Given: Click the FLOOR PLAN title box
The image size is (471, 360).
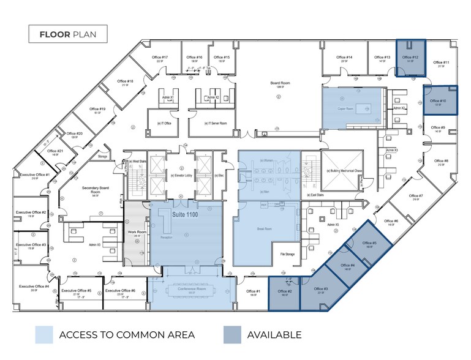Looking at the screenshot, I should click(x=68, y=34).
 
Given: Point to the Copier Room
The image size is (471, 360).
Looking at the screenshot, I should click(x=346, y=108).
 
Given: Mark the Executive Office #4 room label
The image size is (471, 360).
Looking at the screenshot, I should click(x=34, y=287).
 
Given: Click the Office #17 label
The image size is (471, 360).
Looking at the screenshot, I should click(x=160, y=58).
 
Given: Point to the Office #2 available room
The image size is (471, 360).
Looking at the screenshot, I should click(x=285, y=293).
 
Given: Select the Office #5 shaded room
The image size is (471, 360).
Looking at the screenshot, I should click(x=370, y=244).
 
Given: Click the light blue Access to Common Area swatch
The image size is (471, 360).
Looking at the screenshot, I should click(x=44, y=335).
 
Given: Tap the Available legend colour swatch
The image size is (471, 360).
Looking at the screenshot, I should click(x=232, y=335).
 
